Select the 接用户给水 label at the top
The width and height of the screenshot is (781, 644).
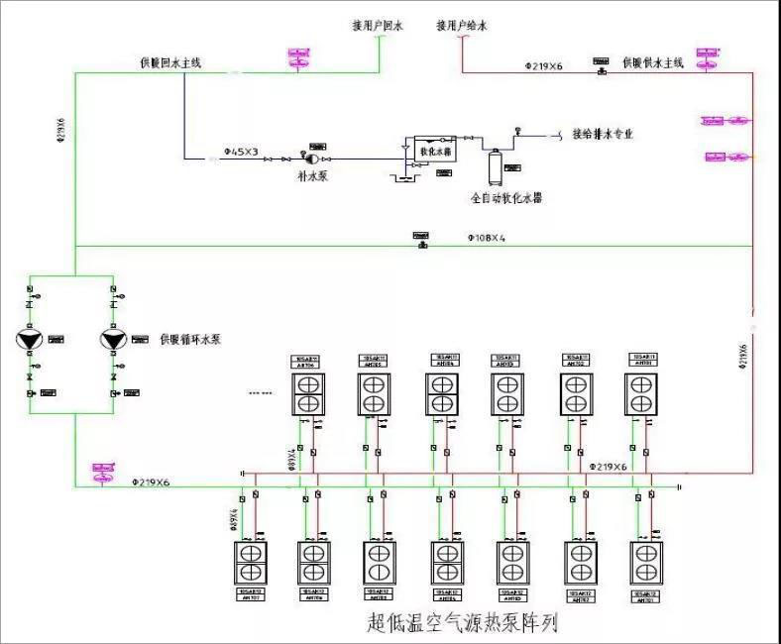(463, 25)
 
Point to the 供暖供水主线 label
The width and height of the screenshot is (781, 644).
(654, 63)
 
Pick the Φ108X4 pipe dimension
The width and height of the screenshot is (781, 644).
(487, 239)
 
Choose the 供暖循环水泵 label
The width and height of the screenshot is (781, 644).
(190, 340)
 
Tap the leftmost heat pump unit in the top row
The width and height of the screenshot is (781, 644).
(305, 393)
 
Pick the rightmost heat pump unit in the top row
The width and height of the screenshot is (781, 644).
(641, 393)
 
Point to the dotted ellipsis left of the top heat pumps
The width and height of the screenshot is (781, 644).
(261, 393)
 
